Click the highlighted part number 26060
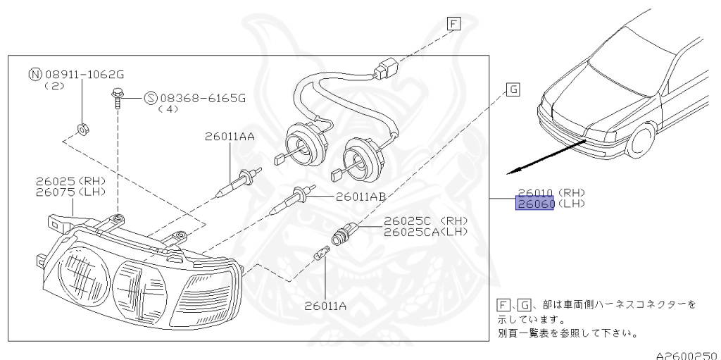535,204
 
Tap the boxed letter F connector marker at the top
453,25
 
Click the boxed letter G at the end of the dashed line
512,89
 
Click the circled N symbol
34,74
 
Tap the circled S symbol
151,98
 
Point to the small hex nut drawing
81,128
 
